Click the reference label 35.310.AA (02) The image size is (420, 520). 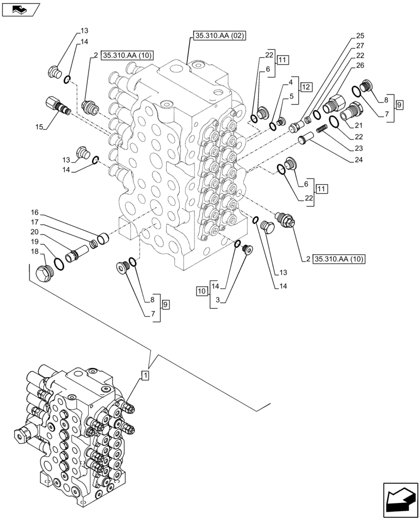(x=219, y=36)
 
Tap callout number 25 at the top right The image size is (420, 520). (x=360, y=36)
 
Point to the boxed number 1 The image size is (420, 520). (x=146, y=375)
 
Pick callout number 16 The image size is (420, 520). (x=34, y=213)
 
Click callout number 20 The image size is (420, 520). (x=34, y=232)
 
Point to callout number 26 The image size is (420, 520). (x=360, y=66)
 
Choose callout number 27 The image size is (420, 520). (x=360, y=46)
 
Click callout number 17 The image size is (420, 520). (x=34, y=223)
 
